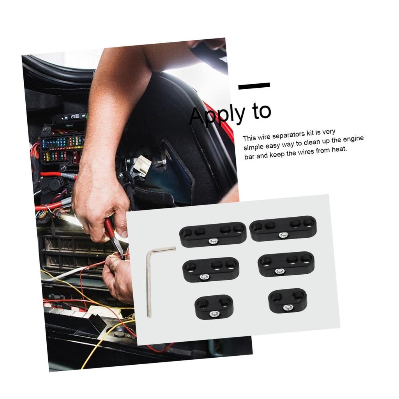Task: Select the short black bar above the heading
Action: coord(254,86)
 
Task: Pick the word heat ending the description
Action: coord(338,150)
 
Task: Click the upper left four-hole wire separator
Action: coord(212,235)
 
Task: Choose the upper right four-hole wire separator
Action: coord(283,228)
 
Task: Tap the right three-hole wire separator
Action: coord(286,264)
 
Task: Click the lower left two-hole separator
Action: coord(214,307)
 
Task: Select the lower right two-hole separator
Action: coord(288,300)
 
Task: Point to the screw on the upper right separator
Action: coord(283,235)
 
